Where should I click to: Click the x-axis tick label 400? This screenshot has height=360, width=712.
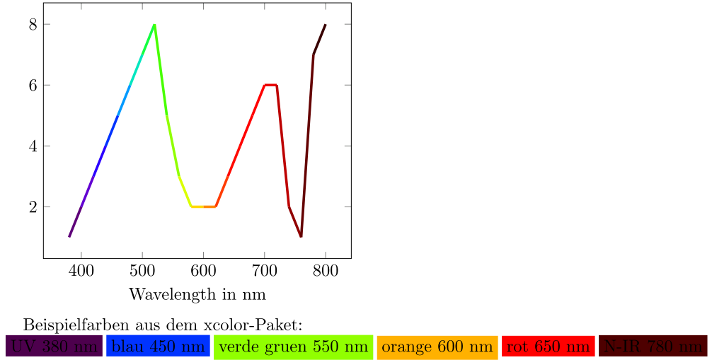(x=81, y=270)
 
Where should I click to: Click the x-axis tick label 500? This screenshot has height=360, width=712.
(x=142, y=270)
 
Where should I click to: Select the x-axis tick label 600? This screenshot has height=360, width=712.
(x=203, y=270)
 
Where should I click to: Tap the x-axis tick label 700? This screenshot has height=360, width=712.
(x=264, y=270)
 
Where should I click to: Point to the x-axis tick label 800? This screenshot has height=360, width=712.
(x=326, y=270)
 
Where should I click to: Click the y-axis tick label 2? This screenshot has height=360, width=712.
(x=32, y=207)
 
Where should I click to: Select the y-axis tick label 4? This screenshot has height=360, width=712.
(x=32, y=146)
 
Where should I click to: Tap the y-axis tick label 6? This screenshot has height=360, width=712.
(x=32, y=85)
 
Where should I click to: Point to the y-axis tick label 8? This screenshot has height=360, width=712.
(x=32, y=24)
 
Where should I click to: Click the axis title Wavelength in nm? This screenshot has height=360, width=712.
(x=197, y=294)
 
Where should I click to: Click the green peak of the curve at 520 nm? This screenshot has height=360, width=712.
(x=154, y=25)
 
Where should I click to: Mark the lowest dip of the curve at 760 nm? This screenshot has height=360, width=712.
(x=301, y=236)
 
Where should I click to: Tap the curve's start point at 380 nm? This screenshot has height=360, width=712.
(x=69, y=236)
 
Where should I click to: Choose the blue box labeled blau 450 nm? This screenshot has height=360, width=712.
(x=158, y=347)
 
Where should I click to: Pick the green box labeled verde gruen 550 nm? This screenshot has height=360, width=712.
(x=293, y=347)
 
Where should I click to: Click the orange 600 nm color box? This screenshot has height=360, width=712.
(x=437, y=347)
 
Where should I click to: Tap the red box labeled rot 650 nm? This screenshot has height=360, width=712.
(x=548, y=347)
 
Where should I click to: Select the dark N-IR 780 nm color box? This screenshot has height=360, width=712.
(x=653, y=347)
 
